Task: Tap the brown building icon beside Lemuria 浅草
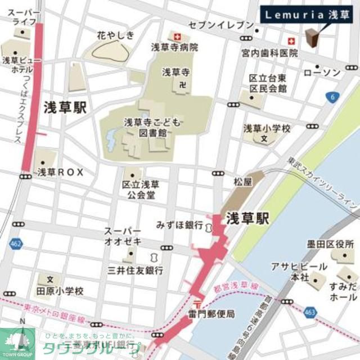click(312, 38)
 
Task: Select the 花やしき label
click(116, 35)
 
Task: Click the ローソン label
click(322, 73)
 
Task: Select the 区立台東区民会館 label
click(268, 84)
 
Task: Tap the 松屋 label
click(241, 183)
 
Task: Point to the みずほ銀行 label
click(179, 225)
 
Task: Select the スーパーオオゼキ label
click(123, 237)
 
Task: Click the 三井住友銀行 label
click(136, 271)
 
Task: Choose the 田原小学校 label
click(60, 291)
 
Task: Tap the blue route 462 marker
click(16, 244)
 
